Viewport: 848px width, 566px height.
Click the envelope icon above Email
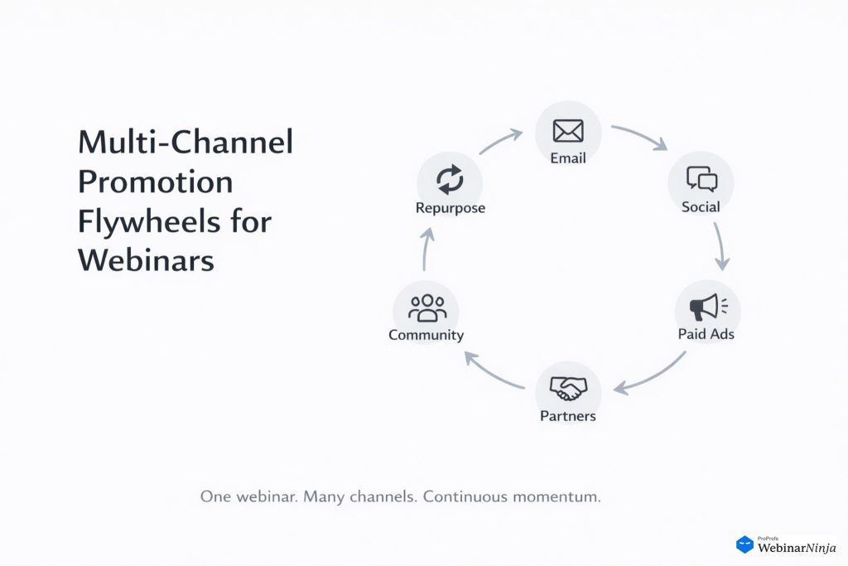point(568,131)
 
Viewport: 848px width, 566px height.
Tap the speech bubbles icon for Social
point(701,179)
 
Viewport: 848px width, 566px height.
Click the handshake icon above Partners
point(568,387)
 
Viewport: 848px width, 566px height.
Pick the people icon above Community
point(426,307)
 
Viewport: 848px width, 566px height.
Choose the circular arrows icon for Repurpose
point(450,179)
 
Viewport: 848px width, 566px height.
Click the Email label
point(568,157)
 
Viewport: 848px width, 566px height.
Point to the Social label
point(701,206)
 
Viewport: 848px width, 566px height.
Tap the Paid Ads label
point(706,335)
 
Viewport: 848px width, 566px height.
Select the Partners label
point(568,415)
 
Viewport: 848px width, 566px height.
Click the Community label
point(426,336)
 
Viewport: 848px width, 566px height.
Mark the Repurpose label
point(450,207)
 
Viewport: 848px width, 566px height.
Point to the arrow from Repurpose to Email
point(500,141)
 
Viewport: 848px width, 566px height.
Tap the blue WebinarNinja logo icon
point(744,544)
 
